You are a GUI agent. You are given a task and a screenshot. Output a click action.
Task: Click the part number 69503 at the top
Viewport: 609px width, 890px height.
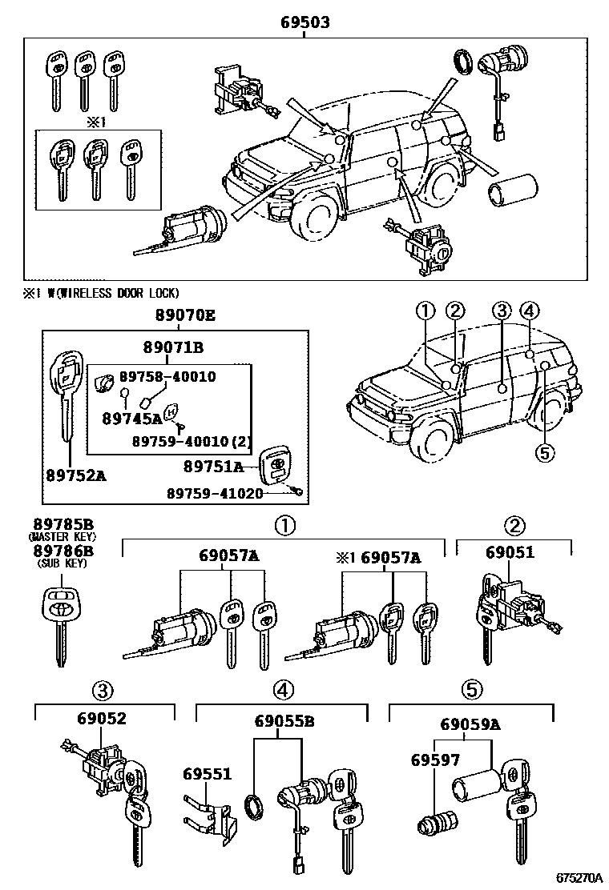click(304, 22)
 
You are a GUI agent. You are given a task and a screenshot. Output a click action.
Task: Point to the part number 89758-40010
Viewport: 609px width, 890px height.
click(167, 376)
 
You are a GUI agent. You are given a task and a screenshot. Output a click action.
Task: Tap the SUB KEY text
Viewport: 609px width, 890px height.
click(62, 563)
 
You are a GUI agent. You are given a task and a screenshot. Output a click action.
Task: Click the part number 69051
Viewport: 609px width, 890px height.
click(509, 553)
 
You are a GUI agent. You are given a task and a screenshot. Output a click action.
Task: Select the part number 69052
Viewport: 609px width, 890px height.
click(102, 719)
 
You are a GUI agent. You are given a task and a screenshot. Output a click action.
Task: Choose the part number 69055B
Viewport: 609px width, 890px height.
click(284, 720)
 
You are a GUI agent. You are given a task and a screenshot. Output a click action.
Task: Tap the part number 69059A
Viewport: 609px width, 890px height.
click(470, 725)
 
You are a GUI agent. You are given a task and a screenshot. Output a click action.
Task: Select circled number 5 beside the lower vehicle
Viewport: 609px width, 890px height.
click(544, 453)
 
